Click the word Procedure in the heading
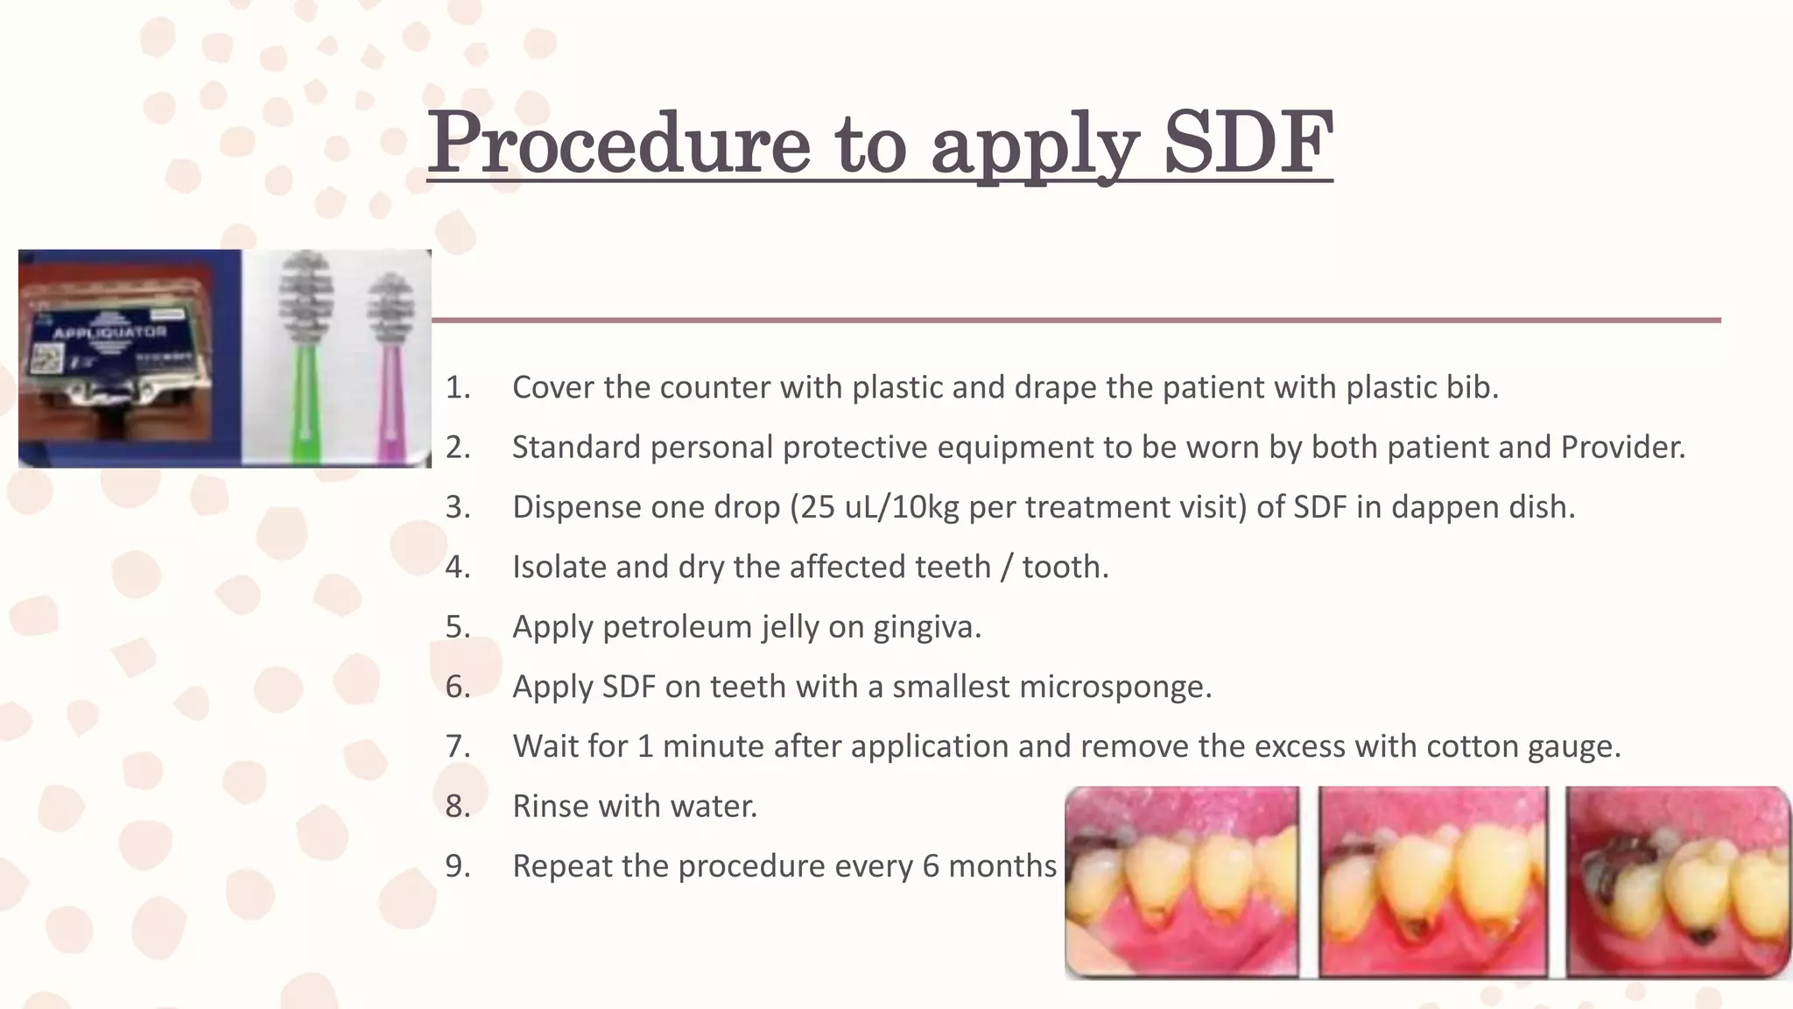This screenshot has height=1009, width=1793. pyautogui.click(x=618, y=142)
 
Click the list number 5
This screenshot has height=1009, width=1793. pyautogui.click(x=457, y=626)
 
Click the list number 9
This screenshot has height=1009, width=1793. pyautogui.click(x=457, y=865)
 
